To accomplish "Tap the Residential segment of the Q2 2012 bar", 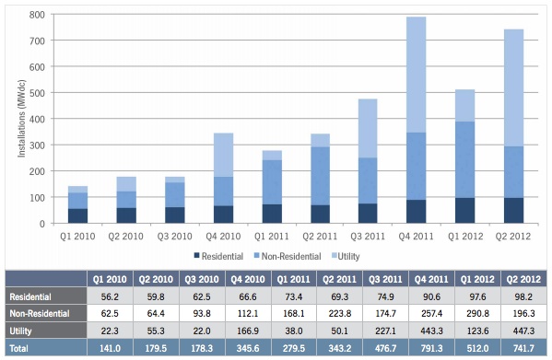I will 514,210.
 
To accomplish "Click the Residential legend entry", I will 222,253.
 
